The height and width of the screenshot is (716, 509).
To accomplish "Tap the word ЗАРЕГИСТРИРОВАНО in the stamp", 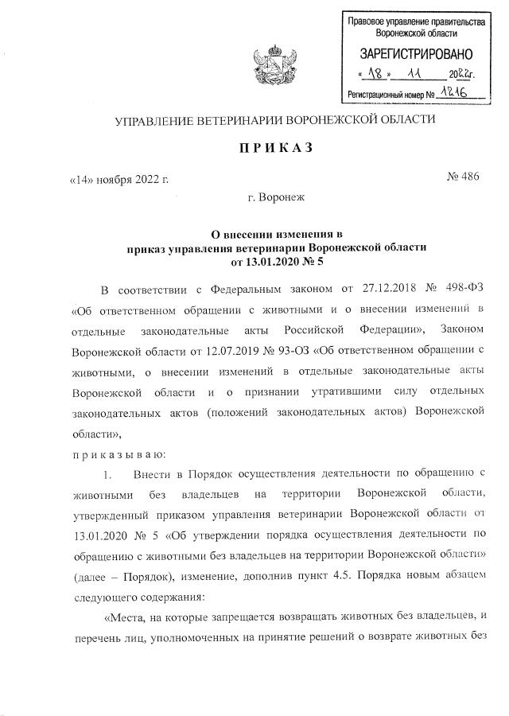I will [x=416, y=55].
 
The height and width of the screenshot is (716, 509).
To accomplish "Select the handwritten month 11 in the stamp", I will [x=414, y=75].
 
